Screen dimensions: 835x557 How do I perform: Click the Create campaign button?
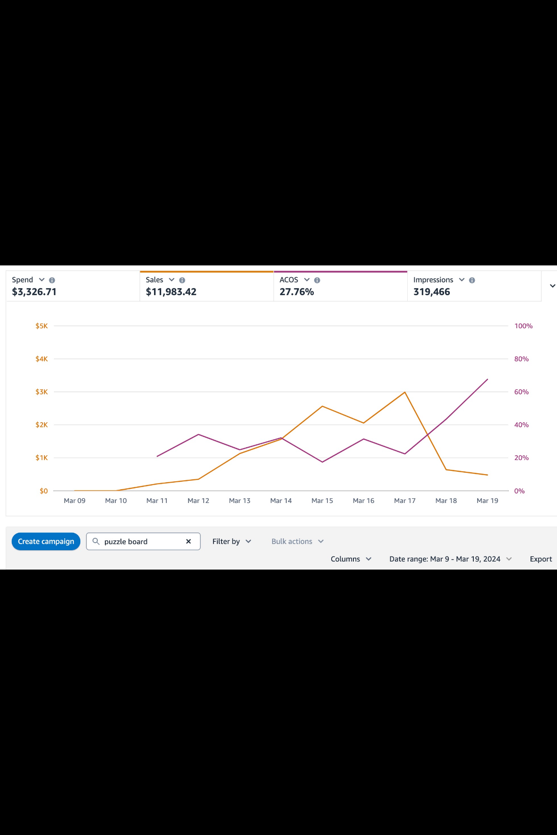pyautogui.click(x=46, y=541)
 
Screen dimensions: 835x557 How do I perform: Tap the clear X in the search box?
pyautogui.click(x=189, y=541)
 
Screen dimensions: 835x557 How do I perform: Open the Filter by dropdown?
pyautogui.click(x=231, y=541)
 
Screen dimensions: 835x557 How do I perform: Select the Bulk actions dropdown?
pyautogui.click(x=297, y=541)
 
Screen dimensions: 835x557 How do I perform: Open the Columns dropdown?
pyautogui.click(x=351, y=559)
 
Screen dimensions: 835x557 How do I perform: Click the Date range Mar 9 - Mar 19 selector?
pyautogui.click(x=450, y=559)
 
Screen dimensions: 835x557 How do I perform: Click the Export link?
pyautogui.click(x=540, y=559)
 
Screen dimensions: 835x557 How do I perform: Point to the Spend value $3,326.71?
pyautogui.click(x=34, y=292)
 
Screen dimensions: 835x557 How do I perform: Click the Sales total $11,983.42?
pyautogui.click(x=171, y=292)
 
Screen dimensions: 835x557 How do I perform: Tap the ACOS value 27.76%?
pyautogui.click(x=297, y=292)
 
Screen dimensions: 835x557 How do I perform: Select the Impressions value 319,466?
pyautogui.click(x=431, y=292)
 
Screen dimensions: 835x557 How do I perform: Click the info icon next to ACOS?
pyautogui.click(x=317, y=280)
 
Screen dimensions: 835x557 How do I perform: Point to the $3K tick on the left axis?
pyautogui.click(x=42, y=392)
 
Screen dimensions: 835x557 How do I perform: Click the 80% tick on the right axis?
pyautogui.click(x=521, y=359)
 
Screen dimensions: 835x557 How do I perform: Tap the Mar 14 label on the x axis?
pyautogui.click(x=281, y=501)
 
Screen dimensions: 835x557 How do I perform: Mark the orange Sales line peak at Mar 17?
pyautogui.click(x=405, y=392)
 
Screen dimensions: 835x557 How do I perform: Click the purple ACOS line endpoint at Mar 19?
pyautogui.click(x=488, y=379)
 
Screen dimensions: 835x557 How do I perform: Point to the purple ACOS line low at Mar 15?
pyautogui.click(x=322, y=462)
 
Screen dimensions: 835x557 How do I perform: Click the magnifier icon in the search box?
pyautogui.click(x=96, y=541)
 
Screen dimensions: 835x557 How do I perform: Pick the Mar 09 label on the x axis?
pyautogui.click(x=75, y=501)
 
